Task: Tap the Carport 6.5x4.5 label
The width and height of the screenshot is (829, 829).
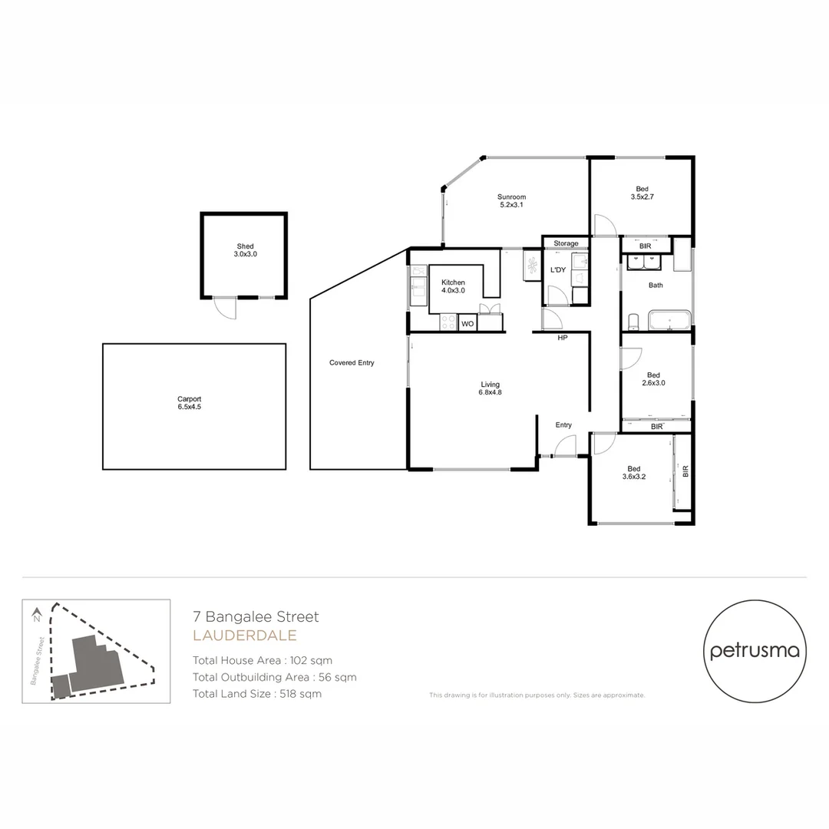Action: (189, 403)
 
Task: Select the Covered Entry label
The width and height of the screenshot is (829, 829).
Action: (352, 363)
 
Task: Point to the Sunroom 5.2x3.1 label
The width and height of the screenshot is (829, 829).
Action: (512, 201)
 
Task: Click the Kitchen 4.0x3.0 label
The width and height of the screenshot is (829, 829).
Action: (453, 287)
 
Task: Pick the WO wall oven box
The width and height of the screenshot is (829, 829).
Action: (467, 325)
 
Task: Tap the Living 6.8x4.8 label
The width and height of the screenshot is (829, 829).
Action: (490, 388)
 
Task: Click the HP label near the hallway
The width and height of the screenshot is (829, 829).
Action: (562, 338)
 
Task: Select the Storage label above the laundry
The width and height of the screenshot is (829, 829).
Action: (566, 244)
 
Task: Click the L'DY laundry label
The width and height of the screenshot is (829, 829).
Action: (558, 270)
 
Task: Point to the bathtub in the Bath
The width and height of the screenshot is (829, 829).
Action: (669, 320)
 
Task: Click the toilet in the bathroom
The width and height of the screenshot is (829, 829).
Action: (634, 320)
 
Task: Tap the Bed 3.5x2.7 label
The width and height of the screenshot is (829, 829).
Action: (642, 193)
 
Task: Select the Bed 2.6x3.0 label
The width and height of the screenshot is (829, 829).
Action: (656, 379)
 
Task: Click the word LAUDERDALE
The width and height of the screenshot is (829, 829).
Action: (244, 636)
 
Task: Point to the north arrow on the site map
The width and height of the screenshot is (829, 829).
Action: (36, 615)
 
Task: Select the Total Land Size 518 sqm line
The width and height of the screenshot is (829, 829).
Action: (257, 694)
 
